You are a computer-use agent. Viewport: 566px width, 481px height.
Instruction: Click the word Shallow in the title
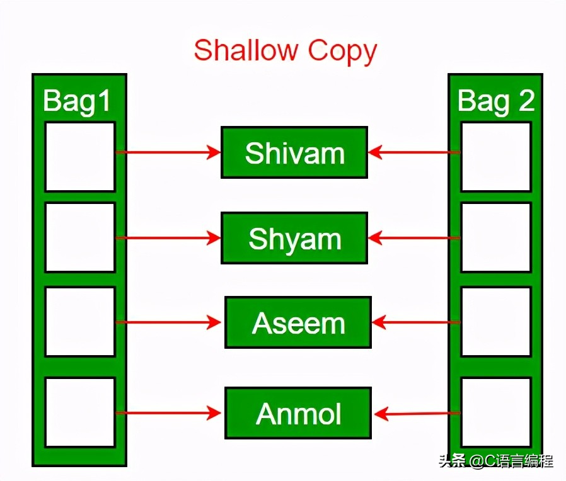point(245,50)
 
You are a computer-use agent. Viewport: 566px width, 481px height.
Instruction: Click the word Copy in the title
point(342,52)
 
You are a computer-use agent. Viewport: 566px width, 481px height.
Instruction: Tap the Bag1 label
point(76,101)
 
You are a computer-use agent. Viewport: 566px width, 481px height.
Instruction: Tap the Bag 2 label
point(496,101)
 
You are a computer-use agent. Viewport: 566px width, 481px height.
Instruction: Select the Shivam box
point(294,152)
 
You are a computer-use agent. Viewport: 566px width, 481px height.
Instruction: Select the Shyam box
point(294,238)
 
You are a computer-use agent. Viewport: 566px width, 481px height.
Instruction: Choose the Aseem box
point(298,322)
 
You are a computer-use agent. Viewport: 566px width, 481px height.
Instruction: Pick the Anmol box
point(298,413)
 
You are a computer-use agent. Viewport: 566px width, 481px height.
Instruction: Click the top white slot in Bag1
point(80,157)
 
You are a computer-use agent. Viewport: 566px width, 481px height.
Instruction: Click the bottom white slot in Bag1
point(80,412)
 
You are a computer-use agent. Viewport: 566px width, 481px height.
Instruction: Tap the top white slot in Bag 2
point(496,157)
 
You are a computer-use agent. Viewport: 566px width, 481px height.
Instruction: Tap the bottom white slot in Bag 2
point(496,412)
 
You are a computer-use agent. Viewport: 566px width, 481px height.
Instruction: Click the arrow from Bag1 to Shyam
point(168,238)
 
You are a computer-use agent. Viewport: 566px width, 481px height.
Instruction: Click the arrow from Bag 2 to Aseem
point(416,322)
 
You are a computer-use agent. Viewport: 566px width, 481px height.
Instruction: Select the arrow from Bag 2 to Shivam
point(414,152)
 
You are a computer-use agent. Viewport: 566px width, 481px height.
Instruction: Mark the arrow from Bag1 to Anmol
point(168,413)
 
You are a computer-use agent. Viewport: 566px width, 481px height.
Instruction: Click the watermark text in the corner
point(496,461)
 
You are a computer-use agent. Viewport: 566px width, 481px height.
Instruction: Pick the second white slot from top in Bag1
point(80,237)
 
